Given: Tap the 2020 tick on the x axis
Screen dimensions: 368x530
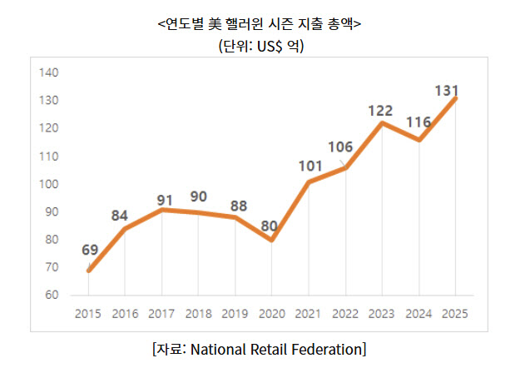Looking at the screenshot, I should tap(271, 314).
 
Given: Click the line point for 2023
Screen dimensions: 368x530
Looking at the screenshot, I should tap(382, 123).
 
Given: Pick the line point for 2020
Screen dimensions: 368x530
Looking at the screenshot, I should tap(272, 240).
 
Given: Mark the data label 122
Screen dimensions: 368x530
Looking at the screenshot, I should tap(382, 111).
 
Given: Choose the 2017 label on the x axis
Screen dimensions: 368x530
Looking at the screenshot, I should tap(161, 314).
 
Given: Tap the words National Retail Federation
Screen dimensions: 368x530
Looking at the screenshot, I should tap(277, 347).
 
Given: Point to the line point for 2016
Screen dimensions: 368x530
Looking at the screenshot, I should tap(125, 229).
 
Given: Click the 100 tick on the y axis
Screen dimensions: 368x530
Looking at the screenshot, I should tap(48, 184).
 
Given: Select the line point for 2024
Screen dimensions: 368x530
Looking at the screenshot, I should tap(419, 140).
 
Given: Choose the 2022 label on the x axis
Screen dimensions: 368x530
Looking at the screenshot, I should tap(345, 314).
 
